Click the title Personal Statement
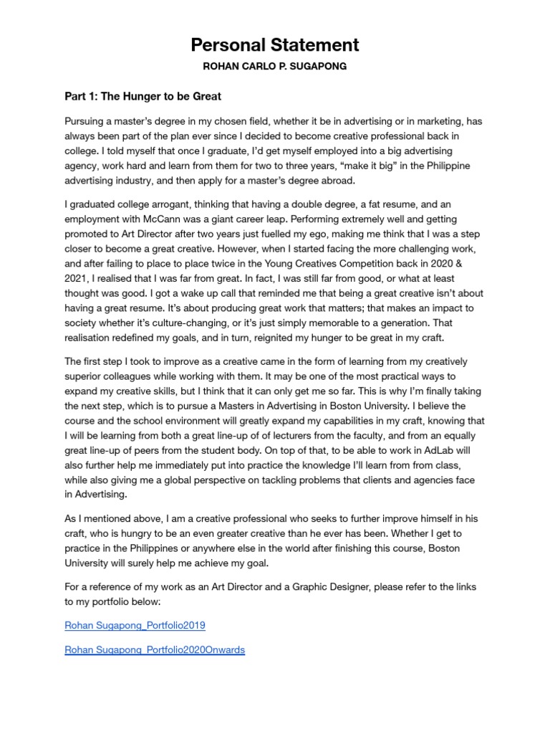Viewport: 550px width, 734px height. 275,45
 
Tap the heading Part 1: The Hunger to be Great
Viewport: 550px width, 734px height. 143,97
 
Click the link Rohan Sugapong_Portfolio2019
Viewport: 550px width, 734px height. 135,625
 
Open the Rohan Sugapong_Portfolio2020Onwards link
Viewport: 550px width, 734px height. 155,649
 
